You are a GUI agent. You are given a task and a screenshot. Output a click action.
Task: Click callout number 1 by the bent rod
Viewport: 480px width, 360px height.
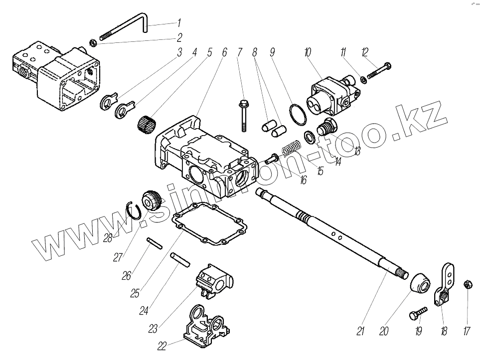pyautogui.click(x=178, y=23)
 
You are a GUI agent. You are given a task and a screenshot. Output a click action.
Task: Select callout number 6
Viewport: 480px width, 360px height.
pyautogui.click(x=224, y=52)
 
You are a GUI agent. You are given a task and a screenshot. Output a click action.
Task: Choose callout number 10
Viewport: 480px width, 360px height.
pyautogui.click(x=307, y=52)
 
